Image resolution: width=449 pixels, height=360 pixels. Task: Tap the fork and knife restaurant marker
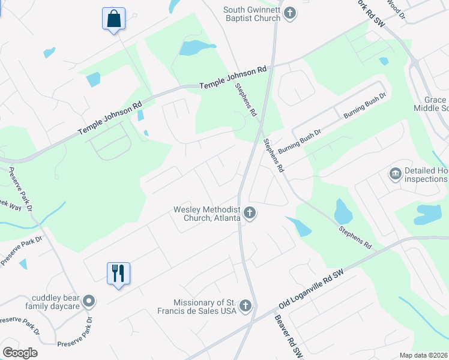[x=118, y=274]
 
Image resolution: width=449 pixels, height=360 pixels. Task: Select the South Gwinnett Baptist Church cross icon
[x=290, y=13]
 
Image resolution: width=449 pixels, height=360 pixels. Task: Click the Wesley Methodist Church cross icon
[x=250, y=213]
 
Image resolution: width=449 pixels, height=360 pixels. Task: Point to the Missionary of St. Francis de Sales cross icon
[x=244, y=307]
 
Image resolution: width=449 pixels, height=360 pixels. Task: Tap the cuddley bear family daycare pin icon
[x=89, y=301]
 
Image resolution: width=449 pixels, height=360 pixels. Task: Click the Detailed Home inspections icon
[x=395, y=174]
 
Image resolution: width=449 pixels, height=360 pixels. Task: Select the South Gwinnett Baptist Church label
[x=252, y=14]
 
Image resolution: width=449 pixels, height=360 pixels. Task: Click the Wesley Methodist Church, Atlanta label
[x=207, y=214]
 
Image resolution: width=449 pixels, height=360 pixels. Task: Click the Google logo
[x=20, y=353]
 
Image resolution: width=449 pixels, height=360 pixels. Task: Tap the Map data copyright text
[x=424, y=355]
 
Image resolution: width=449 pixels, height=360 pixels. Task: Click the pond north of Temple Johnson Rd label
[x=197, y=47]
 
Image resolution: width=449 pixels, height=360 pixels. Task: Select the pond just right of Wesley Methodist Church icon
[x=299, y=226]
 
